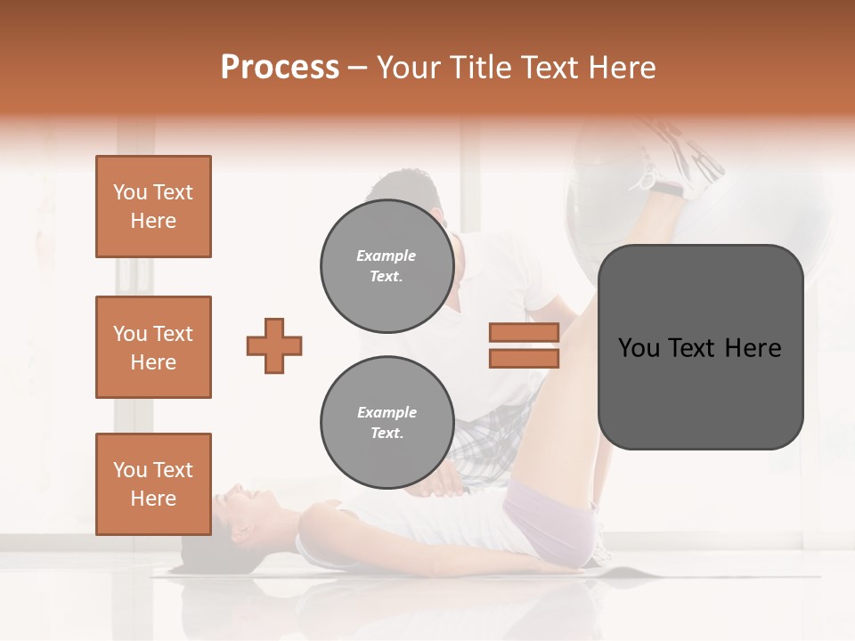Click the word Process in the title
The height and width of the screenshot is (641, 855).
(280, 68)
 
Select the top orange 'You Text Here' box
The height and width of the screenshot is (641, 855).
(153, 207)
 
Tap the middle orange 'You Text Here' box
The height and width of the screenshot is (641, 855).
(153, 347)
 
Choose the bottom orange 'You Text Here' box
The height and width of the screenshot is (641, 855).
(153, 484)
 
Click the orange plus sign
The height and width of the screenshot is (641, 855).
(274, 345)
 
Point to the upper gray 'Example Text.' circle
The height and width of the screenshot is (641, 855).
(387, 265)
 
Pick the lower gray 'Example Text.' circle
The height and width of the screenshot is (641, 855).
(387, 423)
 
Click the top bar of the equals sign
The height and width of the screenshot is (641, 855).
(524, 333)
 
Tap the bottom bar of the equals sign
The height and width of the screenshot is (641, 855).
(524, 358)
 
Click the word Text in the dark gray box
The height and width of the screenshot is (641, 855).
(699, 347)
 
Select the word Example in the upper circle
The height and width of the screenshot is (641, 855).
(387, 256)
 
